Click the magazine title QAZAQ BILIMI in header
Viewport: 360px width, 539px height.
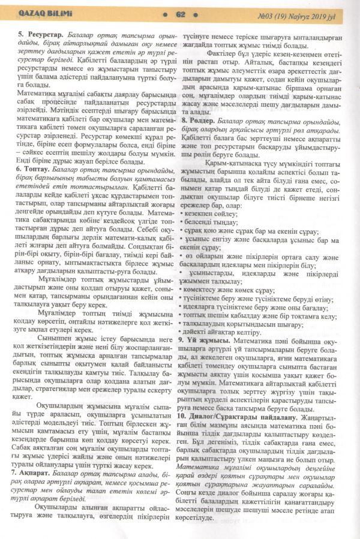(x=39, y=14)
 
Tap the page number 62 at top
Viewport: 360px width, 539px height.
(x=181, y=14)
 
